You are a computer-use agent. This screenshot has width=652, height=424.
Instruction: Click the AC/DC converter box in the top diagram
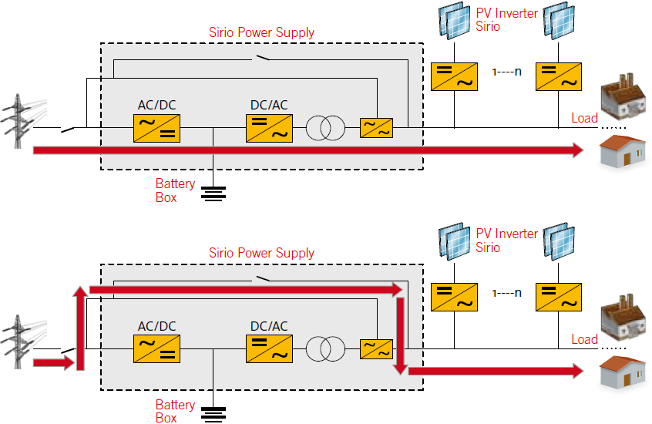pyautogui.click(x=156, y=129)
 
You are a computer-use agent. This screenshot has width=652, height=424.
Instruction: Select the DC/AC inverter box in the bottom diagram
pyautogui.click(x=270, y=349)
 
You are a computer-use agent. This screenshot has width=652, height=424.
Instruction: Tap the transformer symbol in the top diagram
pyautogui.click(x=325, y=128)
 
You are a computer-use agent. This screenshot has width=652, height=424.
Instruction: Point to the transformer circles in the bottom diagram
pyautogui.click(x=325, y=348)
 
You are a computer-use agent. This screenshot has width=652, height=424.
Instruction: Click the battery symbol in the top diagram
pyautogui.click(x=213, y=193)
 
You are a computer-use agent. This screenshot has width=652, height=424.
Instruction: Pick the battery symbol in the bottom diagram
pyautogui.click(x=213, y=415)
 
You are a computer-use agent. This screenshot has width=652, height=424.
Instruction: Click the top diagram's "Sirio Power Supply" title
pyautogui.click(x=261, y=32)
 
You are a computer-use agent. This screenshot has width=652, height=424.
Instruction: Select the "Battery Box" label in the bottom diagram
pyautogui.click(x=175, y=411)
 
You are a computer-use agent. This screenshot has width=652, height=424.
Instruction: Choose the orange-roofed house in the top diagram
pyautogui.click(x=623, y=153)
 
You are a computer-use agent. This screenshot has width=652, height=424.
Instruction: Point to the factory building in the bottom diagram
pyautogui.click(x=623, y=318)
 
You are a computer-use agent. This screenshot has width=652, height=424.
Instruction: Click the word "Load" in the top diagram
pyautogui.click(x=585, y=118)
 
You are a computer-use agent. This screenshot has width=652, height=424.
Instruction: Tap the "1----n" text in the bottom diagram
pyautogui.click(x=506, y=293)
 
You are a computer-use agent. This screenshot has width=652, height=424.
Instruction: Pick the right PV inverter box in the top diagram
pyautogui.click(x=559, y=76)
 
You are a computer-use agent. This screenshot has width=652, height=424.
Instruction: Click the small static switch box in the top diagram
pyautogui.click(x=376, y=128)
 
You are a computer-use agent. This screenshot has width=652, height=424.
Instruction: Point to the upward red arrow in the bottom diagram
pyautogui.click(x=80, y=328)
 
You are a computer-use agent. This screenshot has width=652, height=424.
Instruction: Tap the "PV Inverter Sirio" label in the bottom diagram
pyautogui.click(x=507, y=241)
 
